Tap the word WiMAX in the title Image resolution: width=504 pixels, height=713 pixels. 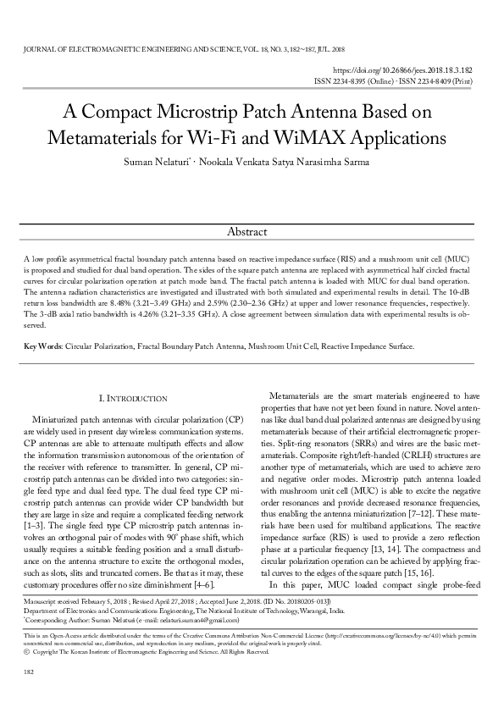(315, 136)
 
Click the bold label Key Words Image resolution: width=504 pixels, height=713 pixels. (42, 346)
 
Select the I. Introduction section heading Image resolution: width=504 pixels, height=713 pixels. (133, 398)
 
